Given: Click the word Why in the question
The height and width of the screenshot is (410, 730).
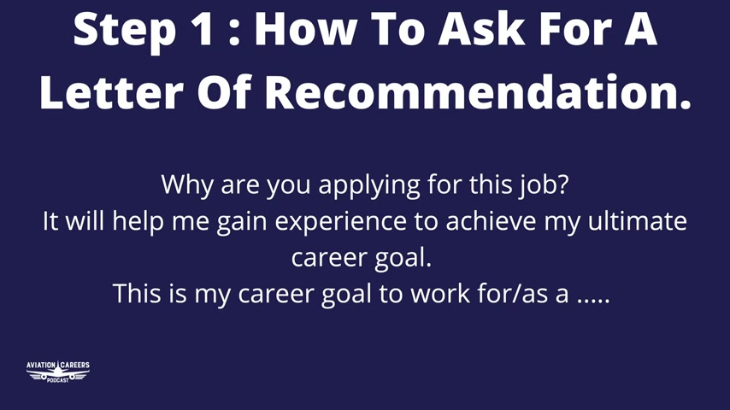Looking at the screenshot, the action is (x=187, y=184).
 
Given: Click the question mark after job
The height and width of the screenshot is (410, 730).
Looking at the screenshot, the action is (x=562, y=184).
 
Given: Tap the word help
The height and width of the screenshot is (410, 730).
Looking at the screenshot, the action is (x=138, y=221).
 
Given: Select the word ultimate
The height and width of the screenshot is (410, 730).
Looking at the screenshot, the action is (x=638, y=220).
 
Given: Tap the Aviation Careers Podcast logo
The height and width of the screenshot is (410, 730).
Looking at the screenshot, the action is (x=58, y=372).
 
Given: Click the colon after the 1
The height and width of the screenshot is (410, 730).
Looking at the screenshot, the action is (x=234, y=32).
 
